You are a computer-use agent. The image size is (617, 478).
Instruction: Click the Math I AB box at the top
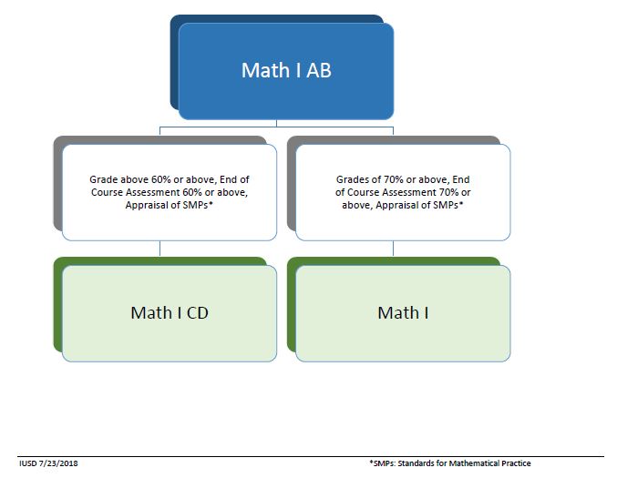tap(286, 71)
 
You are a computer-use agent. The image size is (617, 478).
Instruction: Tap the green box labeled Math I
tap(403, 312)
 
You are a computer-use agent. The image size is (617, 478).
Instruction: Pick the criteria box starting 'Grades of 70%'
tap(403, 192)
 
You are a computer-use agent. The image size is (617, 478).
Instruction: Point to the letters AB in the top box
tap(315, 70)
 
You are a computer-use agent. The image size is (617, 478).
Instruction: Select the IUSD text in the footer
tap(27, 464)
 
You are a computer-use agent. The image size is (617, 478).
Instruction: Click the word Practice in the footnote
tap(513, 464)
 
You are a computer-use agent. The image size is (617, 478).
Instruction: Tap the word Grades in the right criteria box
tap(353, 180)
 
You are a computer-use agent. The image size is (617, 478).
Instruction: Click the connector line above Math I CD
tap(160, 249)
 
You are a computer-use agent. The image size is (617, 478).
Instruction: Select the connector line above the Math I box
tap(394, 249)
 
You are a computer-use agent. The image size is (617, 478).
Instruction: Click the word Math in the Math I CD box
tap(150, 312)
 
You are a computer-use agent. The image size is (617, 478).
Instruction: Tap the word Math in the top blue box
tap(263, 70)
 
